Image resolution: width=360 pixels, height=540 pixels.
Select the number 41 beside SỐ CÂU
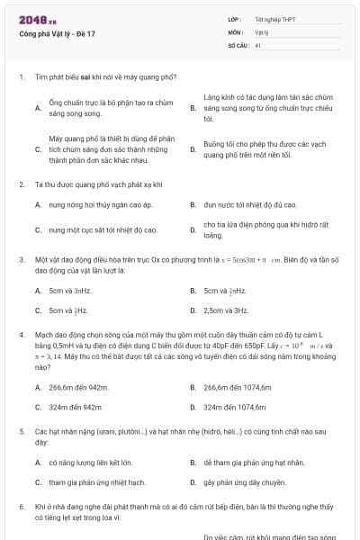pos(257,44)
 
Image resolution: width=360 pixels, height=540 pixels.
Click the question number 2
pos(21,184)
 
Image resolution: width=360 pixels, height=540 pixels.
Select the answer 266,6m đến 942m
pos(78,387)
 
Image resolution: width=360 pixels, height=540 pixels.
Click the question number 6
pos(21,508)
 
